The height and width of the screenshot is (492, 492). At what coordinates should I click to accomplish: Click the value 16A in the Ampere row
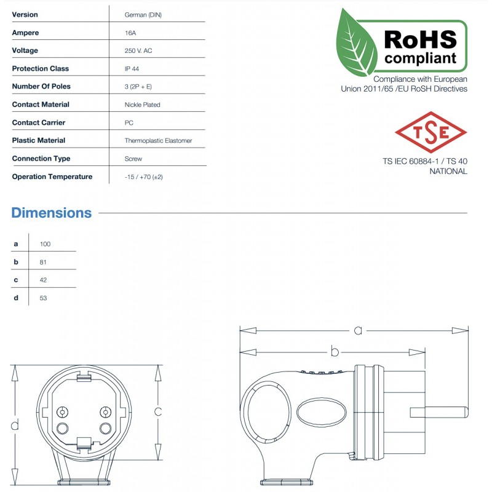(x=130, y=33)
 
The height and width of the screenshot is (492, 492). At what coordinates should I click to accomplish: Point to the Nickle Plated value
(x=142, y=105)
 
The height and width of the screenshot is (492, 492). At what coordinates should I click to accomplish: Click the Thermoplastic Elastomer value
(x=158, y=141)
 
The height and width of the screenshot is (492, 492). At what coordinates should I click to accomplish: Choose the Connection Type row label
(x=41, y=159)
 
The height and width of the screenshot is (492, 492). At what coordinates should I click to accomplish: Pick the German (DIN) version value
(x=143, y=15)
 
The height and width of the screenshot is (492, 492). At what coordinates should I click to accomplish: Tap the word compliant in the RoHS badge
(x=421, y=59)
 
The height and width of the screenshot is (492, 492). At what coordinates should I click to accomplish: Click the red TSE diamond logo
(x=431, y=132)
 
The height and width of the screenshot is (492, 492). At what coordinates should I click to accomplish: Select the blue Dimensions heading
(x=52, y=213)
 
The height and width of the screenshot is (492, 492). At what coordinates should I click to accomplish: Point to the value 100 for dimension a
(x=45, y=244)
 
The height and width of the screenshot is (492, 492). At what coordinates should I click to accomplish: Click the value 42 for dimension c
(x=44, y=280)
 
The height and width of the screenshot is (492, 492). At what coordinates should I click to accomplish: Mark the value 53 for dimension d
(x=44, y=298)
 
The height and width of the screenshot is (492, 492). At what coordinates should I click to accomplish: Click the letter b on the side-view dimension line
(x=335, y=352)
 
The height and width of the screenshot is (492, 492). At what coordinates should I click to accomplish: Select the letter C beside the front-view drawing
(x=158, y=411)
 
